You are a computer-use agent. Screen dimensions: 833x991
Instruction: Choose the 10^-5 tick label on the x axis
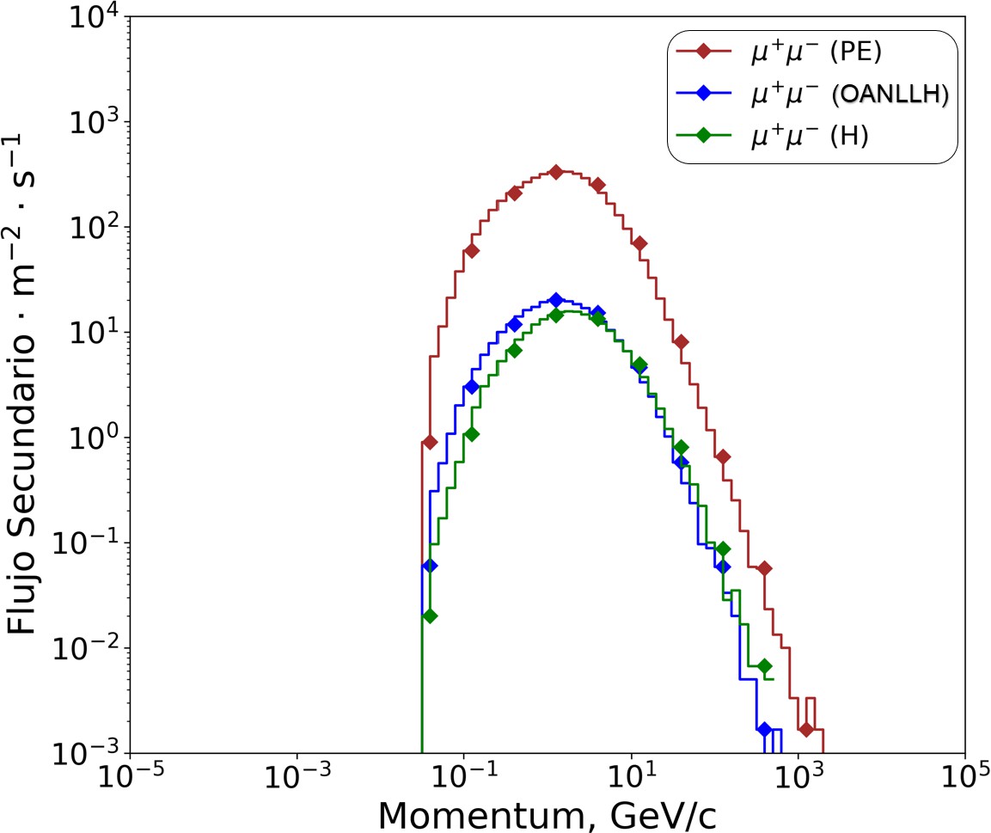point(130,777)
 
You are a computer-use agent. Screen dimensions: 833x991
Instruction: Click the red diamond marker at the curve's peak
point(555,172)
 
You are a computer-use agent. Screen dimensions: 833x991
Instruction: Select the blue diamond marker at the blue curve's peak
point(555,300)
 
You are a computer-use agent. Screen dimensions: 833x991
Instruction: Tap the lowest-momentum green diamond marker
point(431,616)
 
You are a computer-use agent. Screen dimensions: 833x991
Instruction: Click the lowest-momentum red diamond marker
point(431,442)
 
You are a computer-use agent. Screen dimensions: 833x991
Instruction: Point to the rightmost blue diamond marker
point(764,729)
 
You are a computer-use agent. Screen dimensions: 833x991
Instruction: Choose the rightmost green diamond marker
point(764,666)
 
